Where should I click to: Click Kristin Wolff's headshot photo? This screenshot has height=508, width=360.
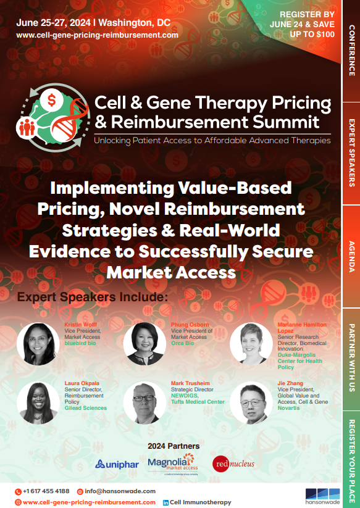(38, 343)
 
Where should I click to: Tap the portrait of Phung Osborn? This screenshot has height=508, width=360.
(144, 343)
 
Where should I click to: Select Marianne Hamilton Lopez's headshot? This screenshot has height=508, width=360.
(251, 343)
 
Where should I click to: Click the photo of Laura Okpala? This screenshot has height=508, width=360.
(38, 403)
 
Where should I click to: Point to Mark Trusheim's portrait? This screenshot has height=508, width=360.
(144, 403)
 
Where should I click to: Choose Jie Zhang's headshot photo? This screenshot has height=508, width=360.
(251, 403)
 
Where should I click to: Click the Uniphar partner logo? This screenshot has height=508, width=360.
(117, 464)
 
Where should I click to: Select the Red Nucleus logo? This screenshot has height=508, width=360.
(232, 463)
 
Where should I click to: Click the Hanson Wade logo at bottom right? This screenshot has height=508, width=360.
(322, 496)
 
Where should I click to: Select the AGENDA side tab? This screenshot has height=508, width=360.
(351, 256)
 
